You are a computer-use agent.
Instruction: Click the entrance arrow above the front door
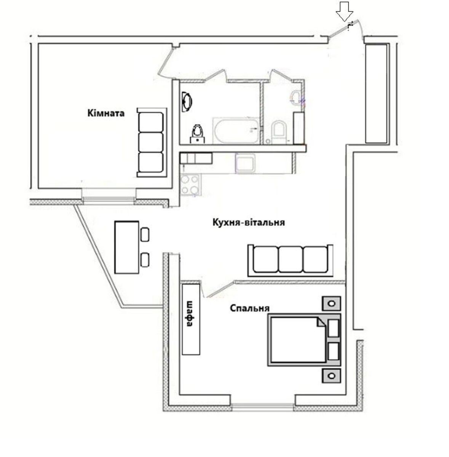click(344, 11)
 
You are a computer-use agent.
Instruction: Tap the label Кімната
click(106, 113)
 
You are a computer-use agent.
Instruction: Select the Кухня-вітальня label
click(248, 223)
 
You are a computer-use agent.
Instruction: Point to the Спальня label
click(249, 308)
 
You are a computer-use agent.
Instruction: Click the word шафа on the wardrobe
click(190, 314)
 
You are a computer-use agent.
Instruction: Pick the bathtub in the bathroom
click(236, 131)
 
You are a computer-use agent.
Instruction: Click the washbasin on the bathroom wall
click(187, 102)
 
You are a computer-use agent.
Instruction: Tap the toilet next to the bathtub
click(198, 134)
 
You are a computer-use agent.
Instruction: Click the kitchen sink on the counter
click(245, 163)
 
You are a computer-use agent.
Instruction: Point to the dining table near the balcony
click(127, 248)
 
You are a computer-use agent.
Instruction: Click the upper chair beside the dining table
click(145, 234)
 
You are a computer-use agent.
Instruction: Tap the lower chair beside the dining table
click(145, 260)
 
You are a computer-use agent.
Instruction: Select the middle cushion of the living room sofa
click(291, 259)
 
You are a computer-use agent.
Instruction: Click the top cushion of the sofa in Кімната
click(151, 122)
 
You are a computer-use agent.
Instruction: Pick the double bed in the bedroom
click(304, 340)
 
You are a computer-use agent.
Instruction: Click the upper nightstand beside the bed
click(331, 303)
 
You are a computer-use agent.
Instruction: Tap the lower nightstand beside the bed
click(331, 376)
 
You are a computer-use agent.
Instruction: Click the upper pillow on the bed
click(333, 328)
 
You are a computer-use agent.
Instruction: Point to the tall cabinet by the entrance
click(376, 94)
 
